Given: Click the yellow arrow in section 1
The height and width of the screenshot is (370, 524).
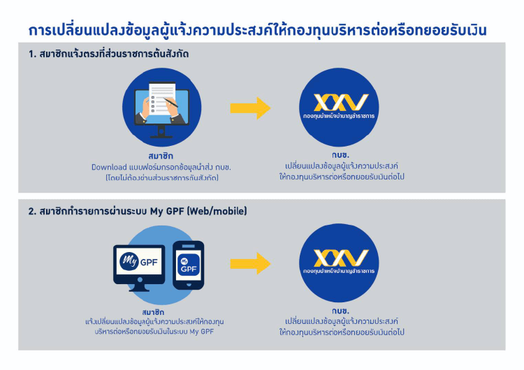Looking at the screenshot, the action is [250, 108].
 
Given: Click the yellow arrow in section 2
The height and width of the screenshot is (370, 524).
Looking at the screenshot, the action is [250, 263].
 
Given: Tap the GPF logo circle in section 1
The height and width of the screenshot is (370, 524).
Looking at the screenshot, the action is [339, 108].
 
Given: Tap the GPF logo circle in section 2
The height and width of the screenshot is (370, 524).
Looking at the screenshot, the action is [339, 262].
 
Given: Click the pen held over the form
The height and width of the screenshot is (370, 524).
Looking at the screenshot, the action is [170, 101].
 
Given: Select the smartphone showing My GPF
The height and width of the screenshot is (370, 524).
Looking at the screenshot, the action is [189, 265].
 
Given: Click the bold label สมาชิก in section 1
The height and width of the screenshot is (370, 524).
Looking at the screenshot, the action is [161, 156].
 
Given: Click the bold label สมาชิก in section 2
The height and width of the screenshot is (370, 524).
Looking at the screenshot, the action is [153, 312].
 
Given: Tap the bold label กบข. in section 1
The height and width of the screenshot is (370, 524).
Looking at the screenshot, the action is [340, 155].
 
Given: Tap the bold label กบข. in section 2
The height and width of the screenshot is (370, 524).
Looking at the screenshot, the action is [340, 311].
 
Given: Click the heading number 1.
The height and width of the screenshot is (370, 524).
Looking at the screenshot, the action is [32, 54].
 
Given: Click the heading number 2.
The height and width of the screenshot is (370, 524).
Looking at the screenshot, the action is [32, 212].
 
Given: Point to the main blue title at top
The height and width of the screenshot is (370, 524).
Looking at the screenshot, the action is [257, 30].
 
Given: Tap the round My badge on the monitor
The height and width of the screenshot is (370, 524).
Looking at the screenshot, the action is [129, 261].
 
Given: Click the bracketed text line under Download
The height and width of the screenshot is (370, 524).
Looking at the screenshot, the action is [162, 177].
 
